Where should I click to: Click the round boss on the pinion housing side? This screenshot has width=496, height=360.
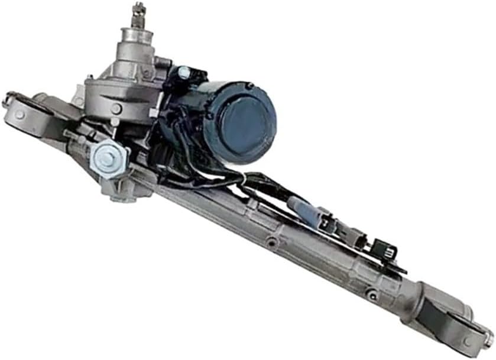(x=116, y=109)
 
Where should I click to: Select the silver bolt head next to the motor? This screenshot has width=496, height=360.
(x=184, y=73)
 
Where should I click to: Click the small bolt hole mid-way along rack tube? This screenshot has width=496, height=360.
(x=271, y=241)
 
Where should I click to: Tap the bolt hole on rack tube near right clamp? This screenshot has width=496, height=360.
(x=371, y=292)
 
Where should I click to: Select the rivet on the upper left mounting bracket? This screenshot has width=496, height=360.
(x=18, y=113)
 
